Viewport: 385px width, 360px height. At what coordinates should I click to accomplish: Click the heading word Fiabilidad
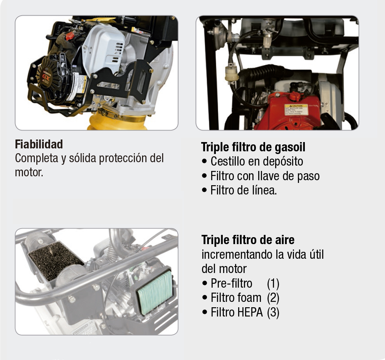[x=39, y=144]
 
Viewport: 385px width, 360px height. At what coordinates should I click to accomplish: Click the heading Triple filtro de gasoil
[x=253, y=147]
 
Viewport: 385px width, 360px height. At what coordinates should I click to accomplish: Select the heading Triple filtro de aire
[x=248, y=240]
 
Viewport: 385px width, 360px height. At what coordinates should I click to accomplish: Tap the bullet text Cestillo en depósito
[x=257, y=162]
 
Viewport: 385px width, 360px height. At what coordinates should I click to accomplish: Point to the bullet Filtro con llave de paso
[x=265, y=176]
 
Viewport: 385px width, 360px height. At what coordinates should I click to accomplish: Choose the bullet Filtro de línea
[x=244, y=190]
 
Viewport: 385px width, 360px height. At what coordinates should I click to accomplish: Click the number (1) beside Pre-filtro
[x=273, y=283]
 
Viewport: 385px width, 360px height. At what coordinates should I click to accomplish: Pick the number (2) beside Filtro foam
[x=273, y=298]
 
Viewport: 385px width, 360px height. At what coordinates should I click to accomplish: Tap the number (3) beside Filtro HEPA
[x=273, y=312]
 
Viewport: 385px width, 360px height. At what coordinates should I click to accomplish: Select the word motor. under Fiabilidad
[x=29, y=172]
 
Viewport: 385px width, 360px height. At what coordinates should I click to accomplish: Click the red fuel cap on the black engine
[x=70, y=36]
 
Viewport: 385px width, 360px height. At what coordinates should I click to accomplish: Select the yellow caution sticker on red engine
[x=296, y=110]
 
